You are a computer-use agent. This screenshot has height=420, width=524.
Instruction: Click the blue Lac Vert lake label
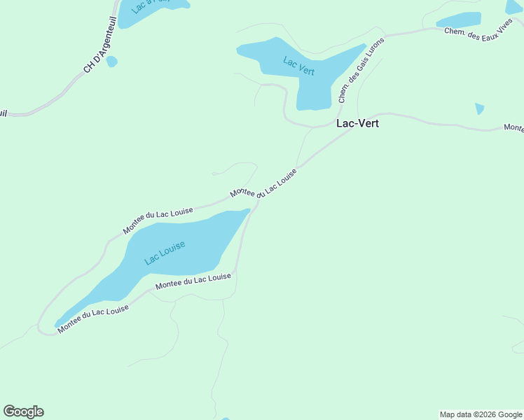pos(299,66)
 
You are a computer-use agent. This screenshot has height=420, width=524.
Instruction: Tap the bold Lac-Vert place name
pos(358,122)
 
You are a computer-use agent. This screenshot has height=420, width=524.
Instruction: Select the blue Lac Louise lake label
pos(165,253)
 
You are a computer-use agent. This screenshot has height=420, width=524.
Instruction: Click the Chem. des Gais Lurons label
pos(361,70)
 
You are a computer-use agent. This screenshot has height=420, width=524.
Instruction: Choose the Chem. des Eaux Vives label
pos(483,33)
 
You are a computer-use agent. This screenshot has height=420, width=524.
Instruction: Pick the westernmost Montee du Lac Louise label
pos(93,319)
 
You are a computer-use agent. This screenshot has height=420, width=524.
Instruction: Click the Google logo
pos(23,412)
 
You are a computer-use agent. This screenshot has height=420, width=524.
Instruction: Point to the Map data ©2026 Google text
pos(481,414)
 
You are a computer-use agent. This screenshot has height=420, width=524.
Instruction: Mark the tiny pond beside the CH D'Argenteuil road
pos(112,62)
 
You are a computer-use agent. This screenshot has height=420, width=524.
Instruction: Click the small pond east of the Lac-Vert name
pos(479,108)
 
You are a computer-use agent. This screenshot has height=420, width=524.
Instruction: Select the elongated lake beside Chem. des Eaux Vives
pos(460,20)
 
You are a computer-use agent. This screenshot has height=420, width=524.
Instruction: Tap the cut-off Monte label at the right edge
pos(513,128)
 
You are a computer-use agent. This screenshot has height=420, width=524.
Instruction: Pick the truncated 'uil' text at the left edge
pos(4,113)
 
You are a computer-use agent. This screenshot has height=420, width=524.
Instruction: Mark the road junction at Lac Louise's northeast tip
pos(255,205)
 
